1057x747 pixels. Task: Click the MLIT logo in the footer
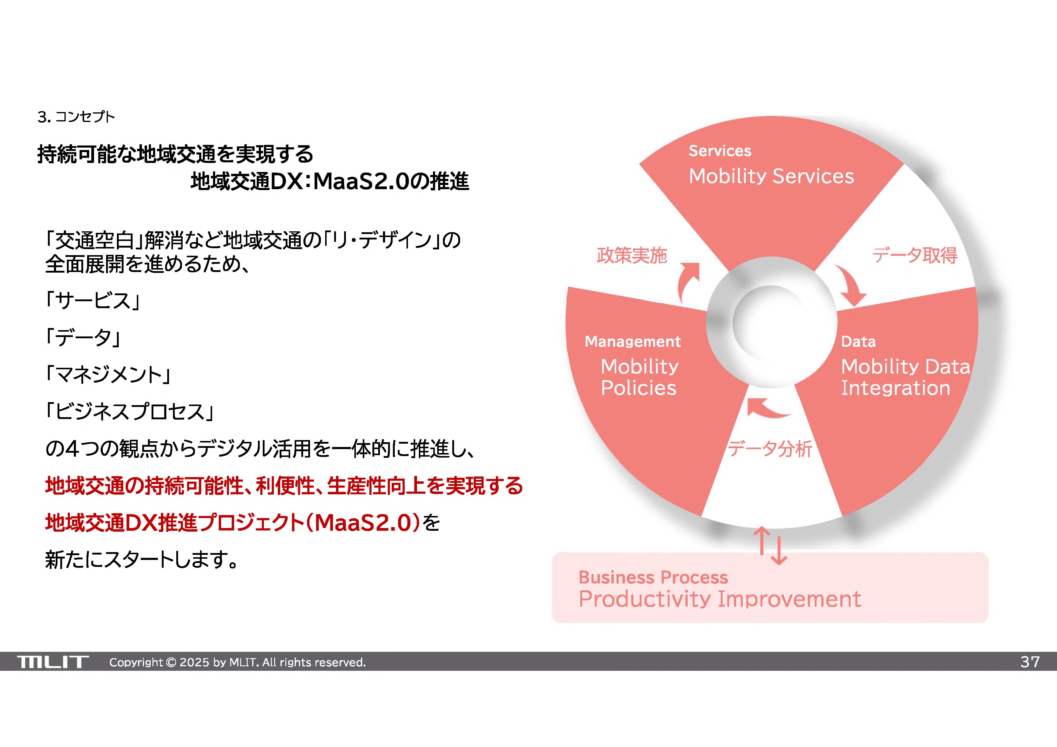pos(53,662)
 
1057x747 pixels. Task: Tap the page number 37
pos(1030,662)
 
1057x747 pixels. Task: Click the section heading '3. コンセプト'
pos(76,117)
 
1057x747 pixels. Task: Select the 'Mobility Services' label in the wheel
pos(771,176)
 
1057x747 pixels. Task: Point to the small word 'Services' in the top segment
pos(720,151)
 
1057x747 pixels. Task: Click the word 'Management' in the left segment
pos(632,342)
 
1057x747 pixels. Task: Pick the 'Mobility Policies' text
pos(639,377)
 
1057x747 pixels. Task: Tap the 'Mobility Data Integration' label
pos(905,377)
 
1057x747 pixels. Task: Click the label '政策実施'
pos(632,255)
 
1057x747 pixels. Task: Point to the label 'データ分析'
pos(770,449)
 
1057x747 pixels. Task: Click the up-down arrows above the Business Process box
pos(770,546)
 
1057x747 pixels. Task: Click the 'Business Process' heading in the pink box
pos(653,577)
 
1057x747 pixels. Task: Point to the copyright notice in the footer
pos(237,662)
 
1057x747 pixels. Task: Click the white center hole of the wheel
pos(770,322)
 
